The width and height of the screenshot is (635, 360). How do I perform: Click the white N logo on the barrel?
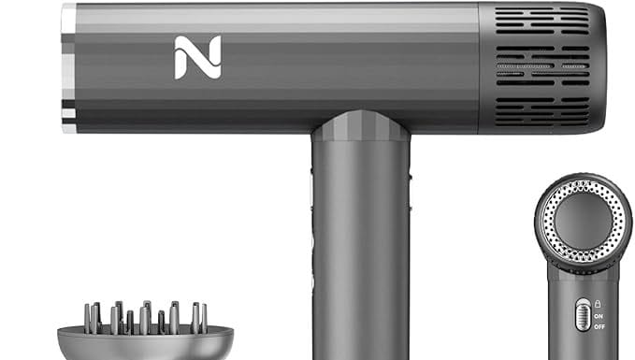click(197, 57)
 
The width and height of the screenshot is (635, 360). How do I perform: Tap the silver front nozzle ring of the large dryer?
click(68, 65)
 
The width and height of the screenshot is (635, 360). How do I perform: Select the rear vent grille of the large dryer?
click(542, 66)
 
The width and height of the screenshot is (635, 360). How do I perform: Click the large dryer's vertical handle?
click(361, 252)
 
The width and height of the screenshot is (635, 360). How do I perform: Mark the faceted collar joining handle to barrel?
click(361, 126)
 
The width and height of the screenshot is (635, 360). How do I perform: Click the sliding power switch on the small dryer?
click(583, 314)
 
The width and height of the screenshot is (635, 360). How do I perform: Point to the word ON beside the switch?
click(599, 315)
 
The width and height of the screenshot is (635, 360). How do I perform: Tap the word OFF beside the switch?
click(599, 326)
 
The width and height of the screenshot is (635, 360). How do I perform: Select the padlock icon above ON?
click(599, 304)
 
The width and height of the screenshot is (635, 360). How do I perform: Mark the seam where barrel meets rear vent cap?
click(480, 66)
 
